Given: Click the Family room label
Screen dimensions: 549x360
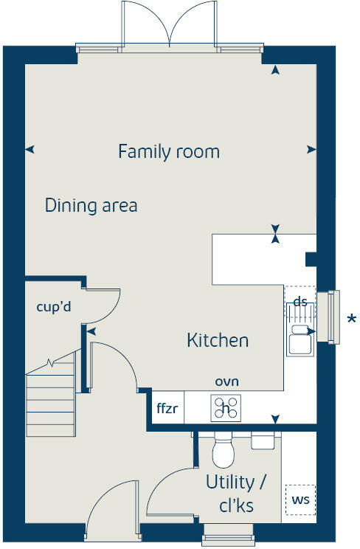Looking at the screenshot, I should (169, 152).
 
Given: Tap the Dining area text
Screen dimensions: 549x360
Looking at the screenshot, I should (91, 205).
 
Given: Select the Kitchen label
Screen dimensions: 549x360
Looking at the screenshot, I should (217, 340).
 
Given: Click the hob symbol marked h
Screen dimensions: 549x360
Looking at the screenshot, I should (226, 407).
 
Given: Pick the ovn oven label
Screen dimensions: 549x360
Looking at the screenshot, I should (226, 381).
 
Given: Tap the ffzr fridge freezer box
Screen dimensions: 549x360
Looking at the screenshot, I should (167, 408).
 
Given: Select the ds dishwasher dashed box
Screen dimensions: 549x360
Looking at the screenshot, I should (300, 301).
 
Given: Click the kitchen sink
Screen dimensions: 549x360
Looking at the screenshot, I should (300, 340).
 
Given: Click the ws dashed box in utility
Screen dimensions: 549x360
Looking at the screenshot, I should (300, 500).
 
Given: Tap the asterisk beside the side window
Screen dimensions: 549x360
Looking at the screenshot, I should (352, 320).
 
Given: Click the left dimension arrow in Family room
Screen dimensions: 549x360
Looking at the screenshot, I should (30, 150).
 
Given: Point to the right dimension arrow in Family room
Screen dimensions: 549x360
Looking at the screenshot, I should (311, 150).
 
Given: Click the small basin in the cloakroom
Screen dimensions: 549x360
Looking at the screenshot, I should (263, 440).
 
